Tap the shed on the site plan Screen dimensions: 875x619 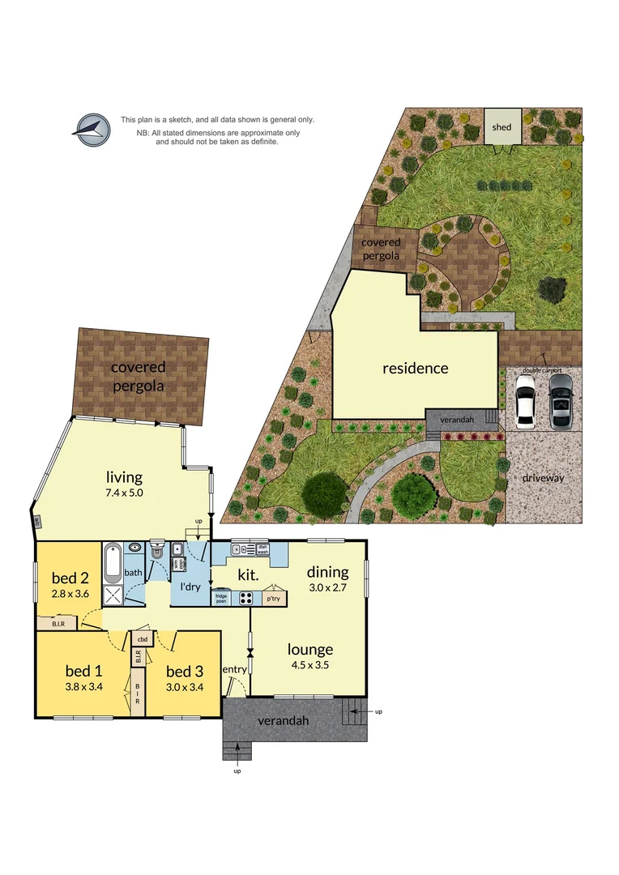click(502, 127)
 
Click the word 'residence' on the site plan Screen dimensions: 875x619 click(415, 369)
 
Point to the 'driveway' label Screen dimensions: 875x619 click(542, 478)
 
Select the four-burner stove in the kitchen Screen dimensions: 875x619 click(245, 600)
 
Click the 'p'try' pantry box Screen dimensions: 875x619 click(272, 600)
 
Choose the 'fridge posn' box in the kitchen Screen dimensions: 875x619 click(220, 600)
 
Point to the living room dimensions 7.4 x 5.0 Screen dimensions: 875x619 click(124, 492)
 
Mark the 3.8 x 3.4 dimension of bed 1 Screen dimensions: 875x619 click(83, 687)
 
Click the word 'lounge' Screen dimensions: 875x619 click(310, 649)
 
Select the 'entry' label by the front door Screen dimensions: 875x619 click(234, 669)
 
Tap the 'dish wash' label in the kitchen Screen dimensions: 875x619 click(262, 549)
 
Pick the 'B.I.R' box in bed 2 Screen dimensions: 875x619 click(58, 624)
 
